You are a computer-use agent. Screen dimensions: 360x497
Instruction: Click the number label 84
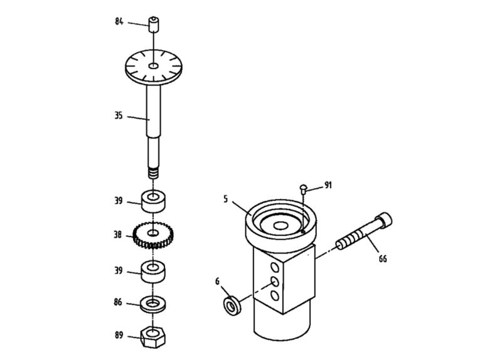(x=119, y=21)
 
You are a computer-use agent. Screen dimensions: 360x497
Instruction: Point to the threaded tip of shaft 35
(x=153, y=172)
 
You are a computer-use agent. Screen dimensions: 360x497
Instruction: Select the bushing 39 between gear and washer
(x=153, y=272)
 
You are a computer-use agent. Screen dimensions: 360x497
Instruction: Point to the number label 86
(x=119, y=303)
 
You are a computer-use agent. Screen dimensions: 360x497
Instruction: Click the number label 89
(x=119, y=336)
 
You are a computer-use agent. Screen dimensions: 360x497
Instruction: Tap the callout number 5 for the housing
(x=225, y=199)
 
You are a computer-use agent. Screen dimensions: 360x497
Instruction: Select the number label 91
(x=328, y=186)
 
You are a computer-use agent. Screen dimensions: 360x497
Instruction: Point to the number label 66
(x=382, y=258)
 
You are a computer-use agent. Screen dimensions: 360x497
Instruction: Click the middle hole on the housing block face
(x=274, y=281)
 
